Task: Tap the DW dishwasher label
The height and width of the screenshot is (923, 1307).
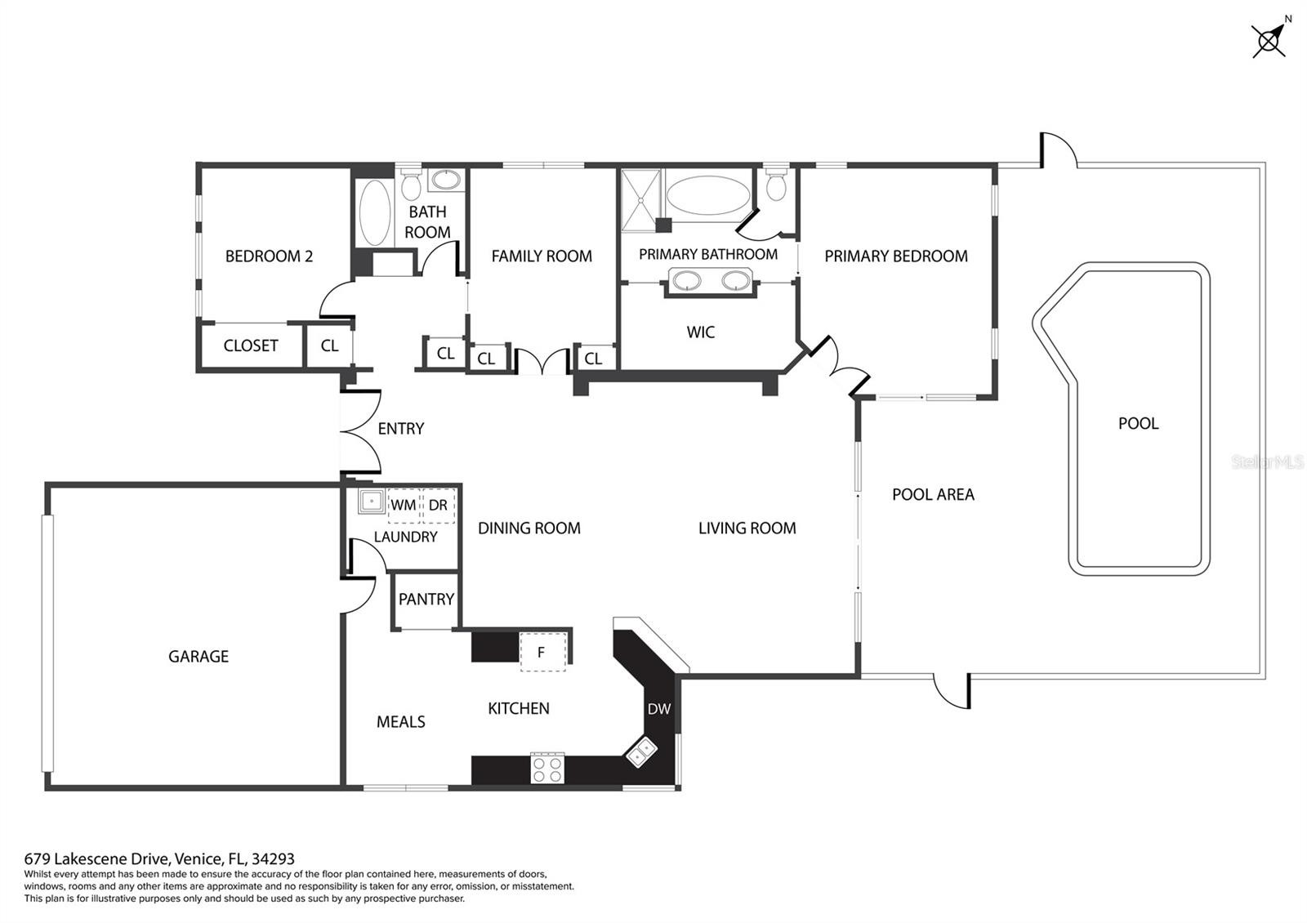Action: tap(658, 709)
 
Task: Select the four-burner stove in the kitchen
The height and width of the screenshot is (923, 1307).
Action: tap(547, 769)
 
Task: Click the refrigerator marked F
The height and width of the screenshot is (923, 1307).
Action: tap(542, 652)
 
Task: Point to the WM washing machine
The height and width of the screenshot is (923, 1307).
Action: tap(404, 506)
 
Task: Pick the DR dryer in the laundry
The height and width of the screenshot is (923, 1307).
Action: tap(438, 506)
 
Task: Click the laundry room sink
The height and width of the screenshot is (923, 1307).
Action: tap(371, 502)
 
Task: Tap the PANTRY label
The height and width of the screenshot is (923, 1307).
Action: tap(426, 600)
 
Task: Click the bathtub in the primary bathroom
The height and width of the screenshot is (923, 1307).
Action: tap(707, 195)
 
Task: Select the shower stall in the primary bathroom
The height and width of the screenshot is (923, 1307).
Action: tap(640, 199)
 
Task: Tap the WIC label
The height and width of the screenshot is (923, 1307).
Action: tap(700, 332)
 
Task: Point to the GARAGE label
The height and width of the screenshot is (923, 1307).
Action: tap(199, 657)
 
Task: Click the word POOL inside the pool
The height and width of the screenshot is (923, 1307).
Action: tap(1138, 423)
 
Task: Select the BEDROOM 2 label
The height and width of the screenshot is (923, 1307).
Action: tap(269, 256)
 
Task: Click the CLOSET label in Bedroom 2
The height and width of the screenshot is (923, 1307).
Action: tap(250, 346)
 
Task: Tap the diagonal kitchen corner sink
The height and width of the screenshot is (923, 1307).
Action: tap(642, 752)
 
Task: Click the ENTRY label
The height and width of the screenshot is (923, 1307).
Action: tap(401, 429)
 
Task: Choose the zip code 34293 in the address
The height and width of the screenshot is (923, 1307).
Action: tap(273, 858)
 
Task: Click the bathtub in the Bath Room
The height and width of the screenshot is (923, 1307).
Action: tap(374, 212)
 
